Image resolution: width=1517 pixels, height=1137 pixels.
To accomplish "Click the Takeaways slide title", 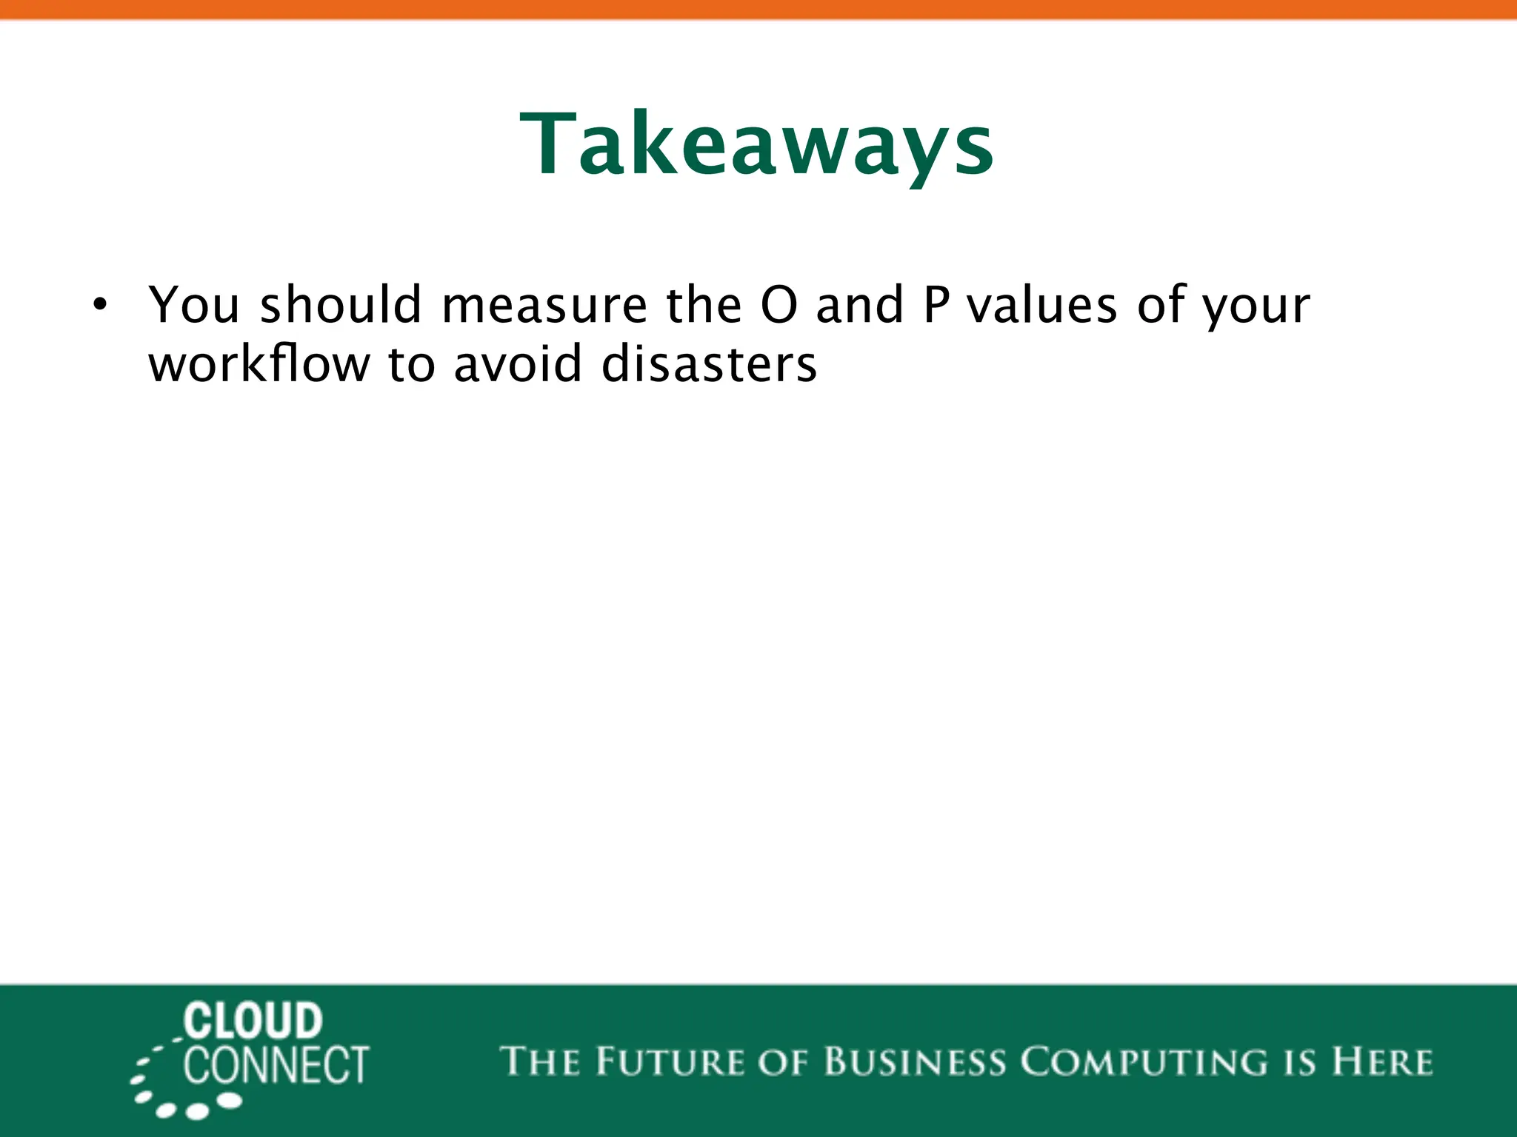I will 757,144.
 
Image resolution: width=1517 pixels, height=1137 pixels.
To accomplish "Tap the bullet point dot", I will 100,306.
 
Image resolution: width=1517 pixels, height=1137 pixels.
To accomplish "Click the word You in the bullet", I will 194,305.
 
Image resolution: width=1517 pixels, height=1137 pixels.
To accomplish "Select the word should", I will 341,305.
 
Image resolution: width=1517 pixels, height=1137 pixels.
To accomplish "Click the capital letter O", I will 779,305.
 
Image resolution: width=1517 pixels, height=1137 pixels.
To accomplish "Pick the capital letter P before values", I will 936,305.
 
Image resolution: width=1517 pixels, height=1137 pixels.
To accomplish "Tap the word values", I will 1042,305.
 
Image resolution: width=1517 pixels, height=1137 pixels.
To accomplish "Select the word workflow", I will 259,364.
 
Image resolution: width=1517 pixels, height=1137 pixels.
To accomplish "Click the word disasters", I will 709,364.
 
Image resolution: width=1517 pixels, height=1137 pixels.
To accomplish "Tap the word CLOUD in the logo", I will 253,1022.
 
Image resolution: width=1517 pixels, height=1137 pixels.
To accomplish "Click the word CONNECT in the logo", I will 276,1066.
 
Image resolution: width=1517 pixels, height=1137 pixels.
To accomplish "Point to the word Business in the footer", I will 916,1061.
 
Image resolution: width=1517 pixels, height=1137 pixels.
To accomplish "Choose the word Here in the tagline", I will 1382,1061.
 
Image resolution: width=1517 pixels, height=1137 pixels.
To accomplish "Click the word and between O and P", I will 859,305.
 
